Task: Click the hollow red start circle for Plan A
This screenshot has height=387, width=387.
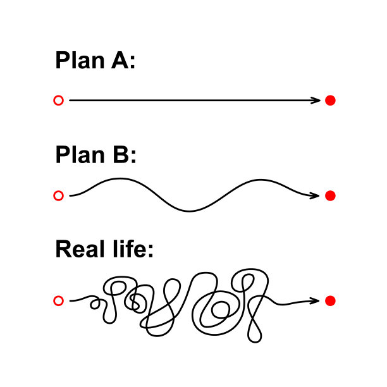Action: pos(59,101)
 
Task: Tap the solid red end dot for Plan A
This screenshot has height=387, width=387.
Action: pos(329,101)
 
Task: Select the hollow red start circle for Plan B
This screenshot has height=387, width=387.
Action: pos(59,196)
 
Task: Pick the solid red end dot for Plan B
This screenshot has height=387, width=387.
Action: pos(329,196)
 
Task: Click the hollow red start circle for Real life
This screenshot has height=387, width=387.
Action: pos(59,301)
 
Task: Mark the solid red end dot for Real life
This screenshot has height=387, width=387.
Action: pos(329,301)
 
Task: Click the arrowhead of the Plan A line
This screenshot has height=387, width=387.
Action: pos(318,101)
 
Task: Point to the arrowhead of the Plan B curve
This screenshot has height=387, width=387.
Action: pos(317,196)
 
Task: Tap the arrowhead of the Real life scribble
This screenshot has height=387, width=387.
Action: pos(317,301)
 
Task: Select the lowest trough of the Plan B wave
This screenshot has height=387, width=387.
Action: pos(188,211)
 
